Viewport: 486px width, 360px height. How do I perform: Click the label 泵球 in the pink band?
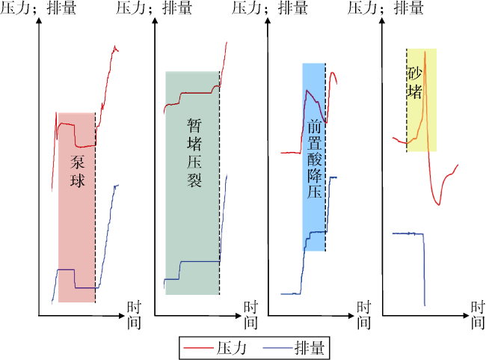[77, 171]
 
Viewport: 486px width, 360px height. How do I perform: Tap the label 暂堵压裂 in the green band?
[194, 153]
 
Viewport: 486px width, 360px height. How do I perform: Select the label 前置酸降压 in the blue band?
[315, 159]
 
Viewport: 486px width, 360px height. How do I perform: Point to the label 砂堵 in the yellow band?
[414, 83]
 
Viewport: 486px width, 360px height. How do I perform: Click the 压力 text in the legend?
[231, 348]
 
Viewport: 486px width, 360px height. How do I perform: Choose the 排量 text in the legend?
[310, 348]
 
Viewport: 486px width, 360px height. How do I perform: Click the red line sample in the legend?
[198, 348]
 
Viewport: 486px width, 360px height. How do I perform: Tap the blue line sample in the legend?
[277, 348]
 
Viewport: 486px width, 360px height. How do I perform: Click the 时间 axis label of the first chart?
[134, 315]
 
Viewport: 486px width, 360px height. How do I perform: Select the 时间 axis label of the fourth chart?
[478, 315]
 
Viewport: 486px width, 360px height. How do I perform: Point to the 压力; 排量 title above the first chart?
[38, 7]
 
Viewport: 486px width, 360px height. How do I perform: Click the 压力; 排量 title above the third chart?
[270, 7]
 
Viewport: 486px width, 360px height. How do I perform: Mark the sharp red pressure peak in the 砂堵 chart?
[425, 52]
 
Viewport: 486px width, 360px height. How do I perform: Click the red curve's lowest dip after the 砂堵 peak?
[439, 204]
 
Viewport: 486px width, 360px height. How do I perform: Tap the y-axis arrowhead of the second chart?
[156, 20]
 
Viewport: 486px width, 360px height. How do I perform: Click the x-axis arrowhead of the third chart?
[351, 316]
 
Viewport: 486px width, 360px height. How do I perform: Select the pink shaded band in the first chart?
[76, 207]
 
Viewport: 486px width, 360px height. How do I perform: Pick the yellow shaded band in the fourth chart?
[422, 100]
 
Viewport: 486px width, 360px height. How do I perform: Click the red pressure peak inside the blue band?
[307, 91]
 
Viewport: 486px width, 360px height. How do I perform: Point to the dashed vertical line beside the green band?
[219, 183]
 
